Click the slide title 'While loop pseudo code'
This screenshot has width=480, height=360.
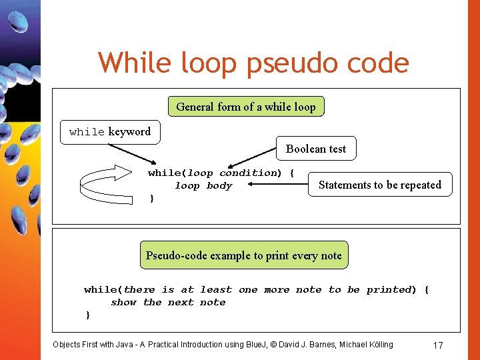pos(253,63)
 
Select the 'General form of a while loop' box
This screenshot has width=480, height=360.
pos(246,107)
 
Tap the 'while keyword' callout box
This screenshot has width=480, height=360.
pos(110,132)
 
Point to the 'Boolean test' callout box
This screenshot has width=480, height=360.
pos(316,149)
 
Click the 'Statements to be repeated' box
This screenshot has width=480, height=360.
pos(379,185)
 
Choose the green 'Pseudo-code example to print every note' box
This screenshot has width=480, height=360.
pos(243,255)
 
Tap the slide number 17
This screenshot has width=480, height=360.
pos(438,345)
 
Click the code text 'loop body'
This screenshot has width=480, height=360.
pos(203,186)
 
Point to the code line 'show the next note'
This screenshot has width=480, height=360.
pos(168,303)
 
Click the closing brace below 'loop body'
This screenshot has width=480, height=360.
pos(151,199)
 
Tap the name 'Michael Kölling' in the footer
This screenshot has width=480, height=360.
pos(366,345)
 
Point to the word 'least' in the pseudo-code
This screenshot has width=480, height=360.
pos(216,290)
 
